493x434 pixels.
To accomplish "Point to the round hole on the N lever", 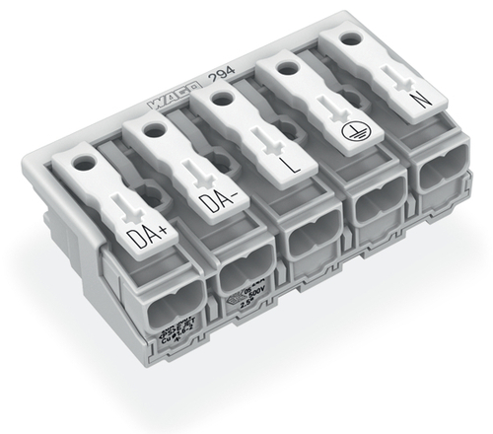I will [x=352, y=40].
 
